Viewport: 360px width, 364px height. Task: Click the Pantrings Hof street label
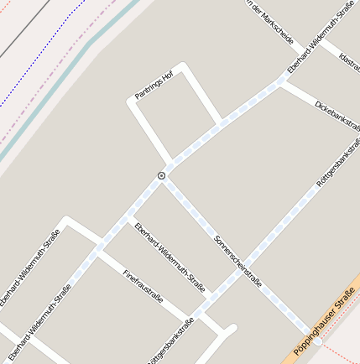coord(154,86)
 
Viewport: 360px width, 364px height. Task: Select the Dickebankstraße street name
coord(338,117)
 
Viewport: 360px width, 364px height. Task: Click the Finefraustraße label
coord(143,286)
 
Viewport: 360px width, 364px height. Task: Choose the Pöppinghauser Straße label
coord(326,320)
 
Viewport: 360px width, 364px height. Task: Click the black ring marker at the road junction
coord(160,175)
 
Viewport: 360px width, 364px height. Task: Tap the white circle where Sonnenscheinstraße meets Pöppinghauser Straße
coord(318,342)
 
